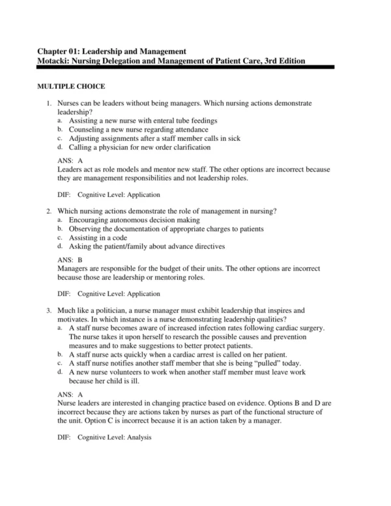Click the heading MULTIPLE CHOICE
71,87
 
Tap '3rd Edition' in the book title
282,61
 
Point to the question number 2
49,212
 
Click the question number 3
49,311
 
